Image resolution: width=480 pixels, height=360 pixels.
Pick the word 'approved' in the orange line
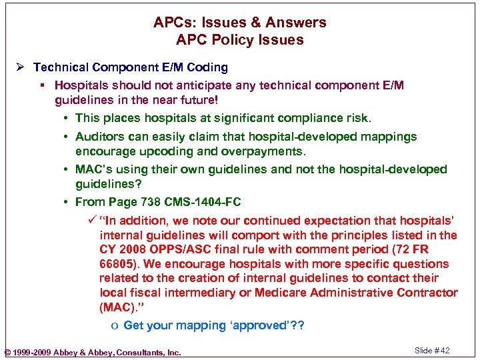[256, 325]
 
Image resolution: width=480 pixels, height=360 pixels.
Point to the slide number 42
[445, 351]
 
